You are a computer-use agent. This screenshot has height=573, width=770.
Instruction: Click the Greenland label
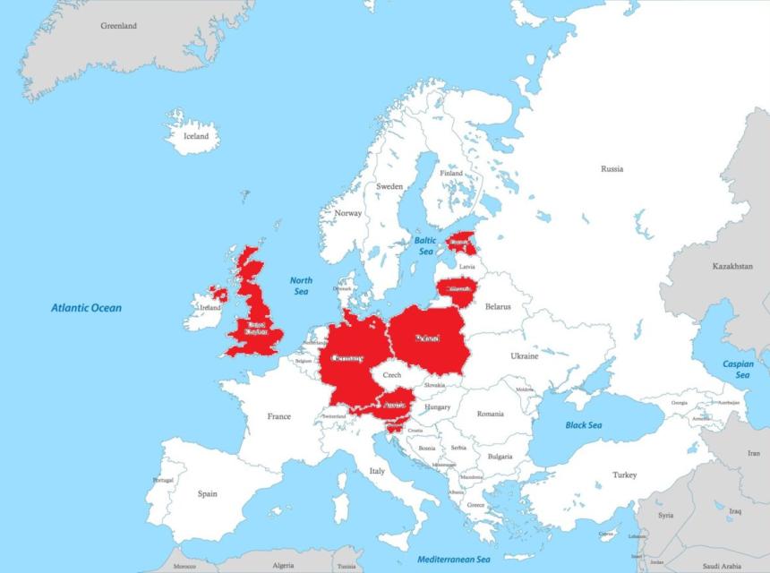coord(119,26)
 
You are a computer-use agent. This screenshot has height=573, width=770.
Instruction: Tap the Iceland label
coord(196,136)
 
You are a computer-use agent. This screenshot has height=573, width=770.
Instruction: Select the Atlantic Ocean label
coord(86,308)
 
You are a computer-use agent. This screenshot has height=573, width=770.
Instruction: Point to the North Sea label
coord(301,286)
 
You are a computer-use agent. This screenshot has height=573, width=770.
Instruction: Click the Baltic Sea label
coord(425,245)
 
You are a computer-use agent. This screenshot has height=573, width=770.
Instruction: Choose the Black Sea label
coord(584,425)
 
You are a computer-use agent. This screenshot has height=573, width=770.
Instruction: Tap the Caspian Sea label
coord(739,369)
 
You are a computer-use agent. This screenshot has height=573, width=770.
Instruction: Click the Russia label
coord(612,168)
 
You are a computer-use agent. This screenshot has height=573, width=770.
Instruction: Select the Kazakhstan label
coord(732,267)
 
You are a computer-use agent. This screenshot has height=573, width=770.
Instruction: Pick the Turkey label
coord(625,475)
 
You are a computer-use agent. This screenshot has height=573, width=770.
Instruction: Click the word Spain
coord(208,493)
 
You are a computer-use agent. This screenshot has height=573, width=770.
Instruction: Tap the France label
coord(278,416)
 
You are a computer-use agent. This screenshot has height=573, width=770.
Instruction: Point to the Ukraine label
coord(525,356)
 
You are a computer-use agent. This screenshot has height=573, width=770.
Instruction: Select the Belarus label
coord(498,306)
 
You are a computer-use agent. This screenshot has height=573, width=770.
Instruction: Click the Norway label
coord(347,213)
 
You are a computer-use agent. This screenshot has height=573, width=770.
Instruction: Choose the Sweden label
coord(389,186)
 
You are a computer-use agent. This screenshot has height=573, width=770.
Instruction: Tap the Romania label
coord(491,414)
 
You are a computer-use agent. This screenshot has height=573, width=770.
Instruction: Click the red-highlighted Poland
coord(428,339)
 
